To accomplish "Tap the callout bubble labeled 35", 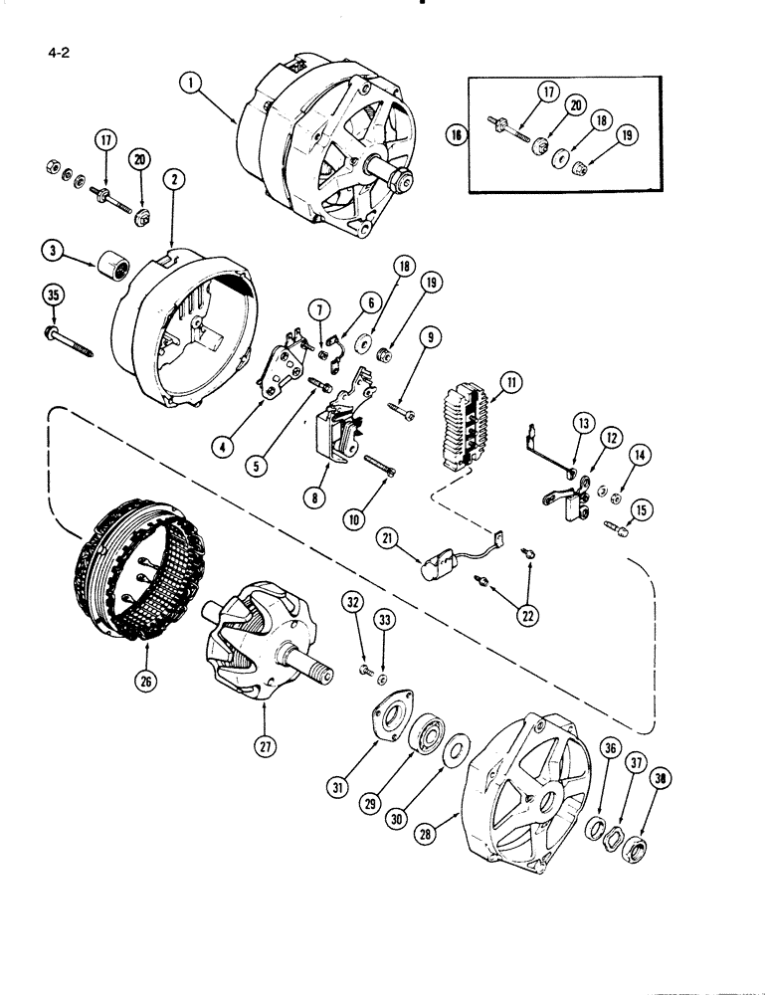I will point(51,294).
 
